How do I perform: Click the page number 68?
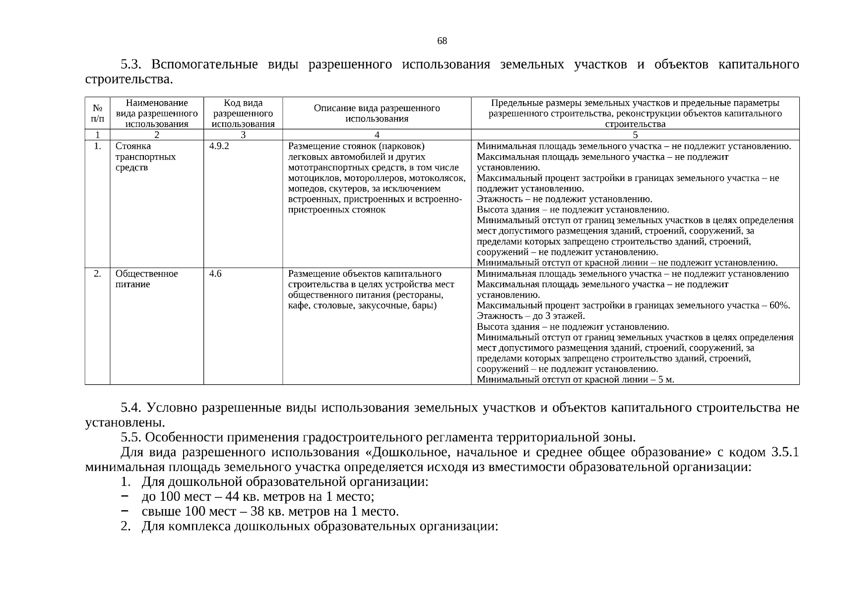click(x=442, y=41)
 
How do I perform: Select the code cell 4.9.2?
click(x=219, y=146)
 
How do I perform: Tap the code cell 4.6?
click(x=215, y=274)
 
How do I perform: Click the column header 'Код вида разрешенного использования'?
click(x=243, y=114)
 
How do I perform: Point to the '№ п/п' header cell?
click(x=97, y=114)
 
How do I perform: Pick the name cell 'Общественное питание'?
click(x=146, y=279)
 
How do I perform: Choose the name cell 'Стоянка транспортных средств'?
click(x=145, y=157)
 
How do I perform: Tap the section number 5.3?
click(x=131, y=65)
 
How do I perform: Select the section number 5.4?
click(x=131, y=408)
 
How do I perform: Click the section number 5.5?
click(x=131, y=438)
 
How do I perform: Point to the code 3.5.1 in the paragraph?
click(x=785, y=453)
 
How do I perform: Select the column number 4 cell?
click(x=377, y=135)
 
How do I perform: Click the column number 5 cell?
click(x=635, y=135)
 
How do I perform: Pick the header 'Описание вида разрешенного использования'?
click(x=377, y=114)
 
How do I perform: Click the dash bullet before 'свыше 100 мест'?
click(x=125, y=511)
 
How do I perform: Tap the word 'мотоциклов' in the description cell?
click(x=310, y=178)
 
